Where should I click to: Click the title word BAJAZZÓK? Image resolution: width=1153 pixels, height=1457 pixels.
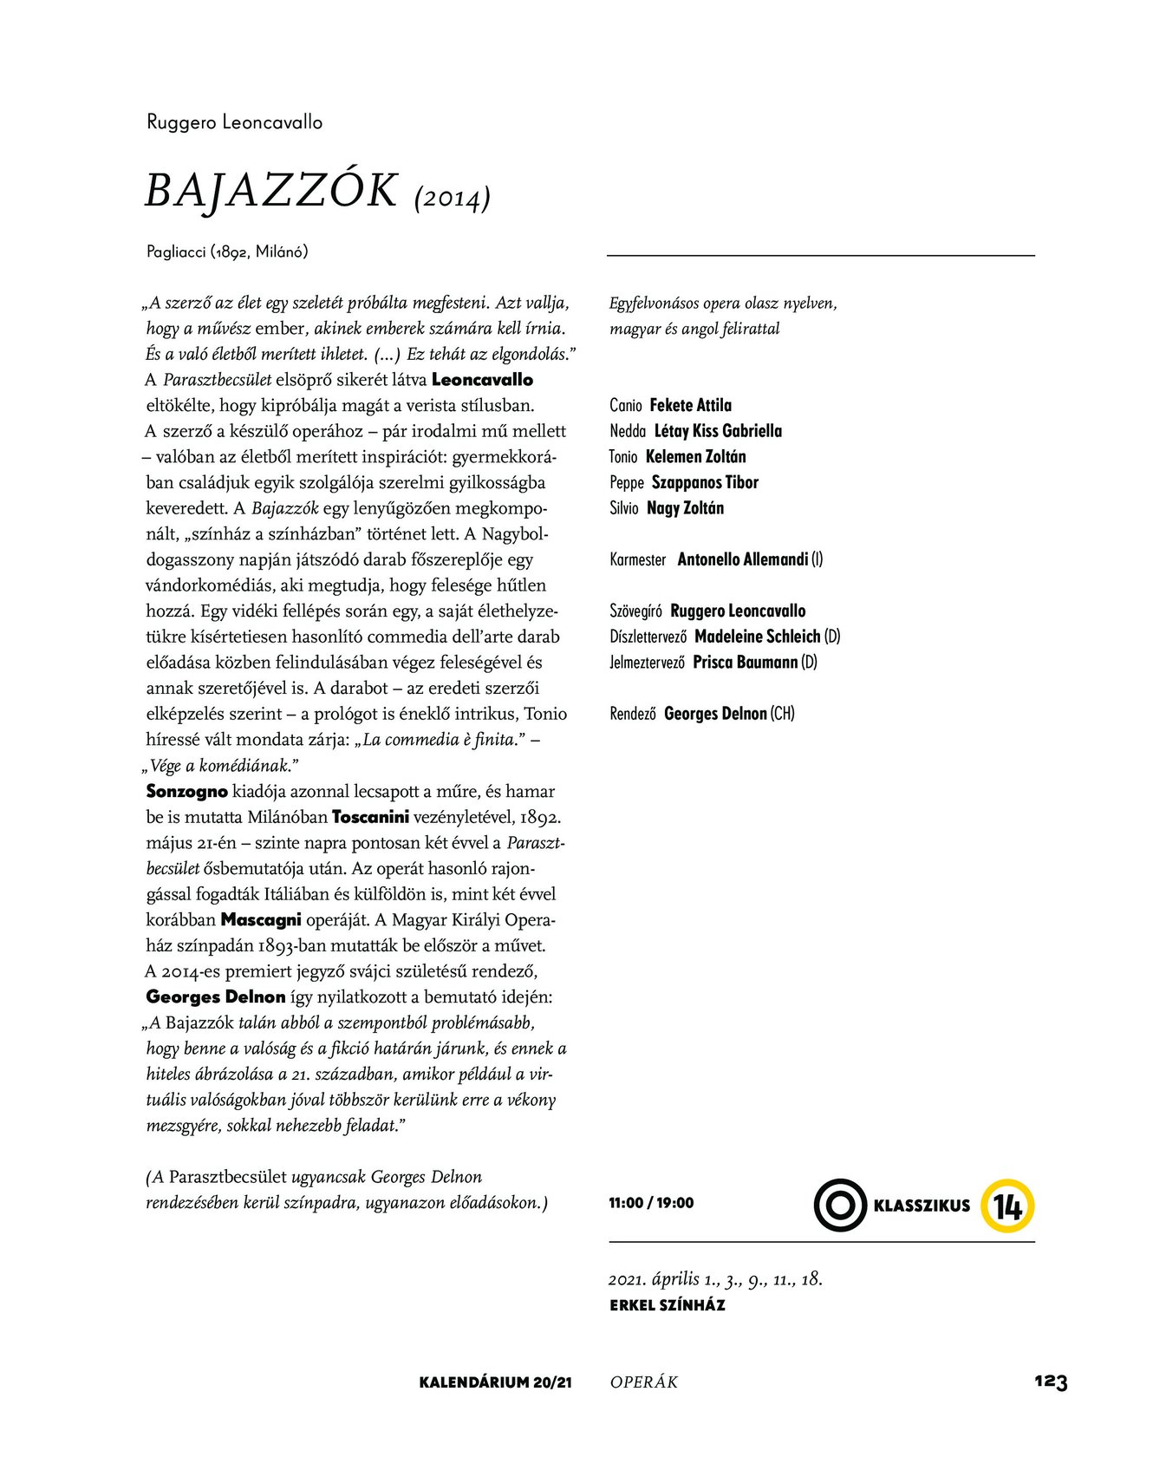click(271, 191)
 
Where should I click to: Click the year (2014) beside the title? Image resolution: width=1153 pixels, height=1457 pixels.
click(453, 199)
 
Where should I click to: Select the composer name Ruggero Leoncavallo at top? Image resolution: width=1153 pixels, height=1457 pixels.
click(235, 122)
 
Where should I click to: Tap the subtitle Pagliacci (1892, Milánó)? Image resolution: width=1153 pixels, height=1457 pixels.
click(227, 252)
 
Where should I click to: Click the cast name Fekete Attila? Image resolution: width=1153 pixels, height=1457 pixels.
click(690, 405)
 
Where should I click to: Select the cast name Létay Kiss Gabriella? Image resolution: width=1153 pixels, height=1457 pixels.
click(718, 431)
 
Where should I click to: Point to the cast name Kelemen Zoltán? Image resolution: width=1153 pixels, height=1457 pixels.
click(695, 456)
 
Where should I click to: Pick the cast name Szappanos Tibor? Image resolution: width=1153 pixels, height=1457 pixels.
click(705, 482)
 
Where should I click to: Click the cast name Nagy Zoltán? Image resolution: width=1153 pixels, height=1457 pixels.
click(685, 508)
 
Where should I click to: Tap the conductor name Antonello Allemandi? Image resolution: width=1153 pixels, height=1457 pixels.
click(743, 559)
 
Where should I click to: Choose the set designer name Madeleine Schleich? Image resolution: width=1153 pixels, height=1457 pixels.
click(758, 637)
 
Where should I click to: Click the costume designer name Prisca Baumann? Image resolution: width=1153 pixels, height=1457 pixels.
click(746, 663)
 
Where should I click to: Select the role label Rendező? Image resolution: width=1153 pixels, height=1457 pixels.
click(633, 714)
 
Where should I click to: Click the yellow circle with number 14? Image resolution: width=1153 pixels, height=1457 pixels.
click(1007, 1205)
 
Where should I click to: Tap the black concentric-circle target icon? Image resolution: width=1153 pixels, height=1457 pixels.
click(840, 1205)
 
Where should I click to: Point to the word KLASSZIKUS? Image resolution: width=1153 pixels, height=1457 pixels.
click(922, 1205)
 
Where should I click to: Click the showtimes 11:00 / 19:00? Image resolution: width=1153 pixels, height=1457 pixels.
click(651, 1203)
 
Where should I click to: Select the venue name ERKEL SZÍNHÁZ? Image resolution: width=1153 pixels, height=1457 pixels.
click(668, 1305)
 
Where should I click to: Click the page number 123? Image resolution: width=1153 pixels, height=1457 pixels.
click(1050, 1382)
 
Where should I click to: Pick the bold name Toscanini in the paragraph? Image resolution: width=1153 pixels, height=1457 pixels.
click(370, 817)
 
